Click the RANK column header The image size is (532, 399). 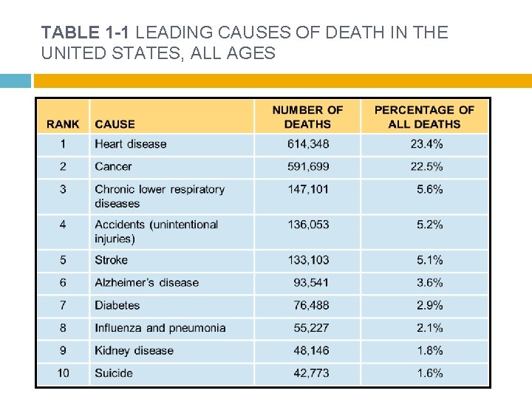tap(63, 124)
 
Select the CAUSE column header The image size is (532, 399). tap(115, 124)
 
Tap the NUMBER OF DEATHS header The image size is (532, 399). tap(307, 117)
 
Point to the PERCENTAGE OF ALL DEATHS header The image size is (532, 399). tap(424, 117)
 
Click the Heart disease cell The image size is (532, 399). tap(131, 144)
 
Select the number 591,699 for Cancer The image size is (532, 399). tap(308, 166)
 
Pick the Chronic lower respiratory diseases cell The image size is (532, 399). tap(159, 196)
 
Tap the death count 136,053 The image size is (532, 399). tap(308, 225)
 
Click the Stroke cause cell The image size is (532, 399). tap(111, 260)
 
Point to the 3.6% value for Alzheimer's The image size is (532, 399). tap(429, 282)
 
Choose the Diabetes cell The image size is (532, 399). tap(117, 305)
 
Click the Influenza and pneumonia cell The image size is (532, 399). tap(160, 328)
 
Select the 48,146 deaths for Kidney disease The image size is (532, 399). tap(311, 350)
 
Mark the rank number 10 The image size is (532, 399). tap(63, 373)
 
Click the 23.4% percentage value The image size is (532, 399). tap(426, 144)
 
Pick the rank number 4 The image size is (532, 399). tap(63, 225)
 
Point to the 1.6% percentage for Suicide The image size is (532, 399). tap(429, 373)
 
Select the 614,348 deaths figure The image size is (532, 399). tap(308, 144)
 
